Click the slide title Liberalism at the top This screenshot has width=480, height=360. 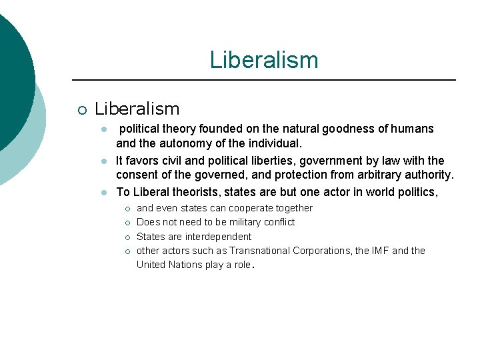(x=264, y=60)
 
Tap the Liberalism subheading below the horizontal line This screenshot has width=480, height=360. (x=137, y=109)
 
